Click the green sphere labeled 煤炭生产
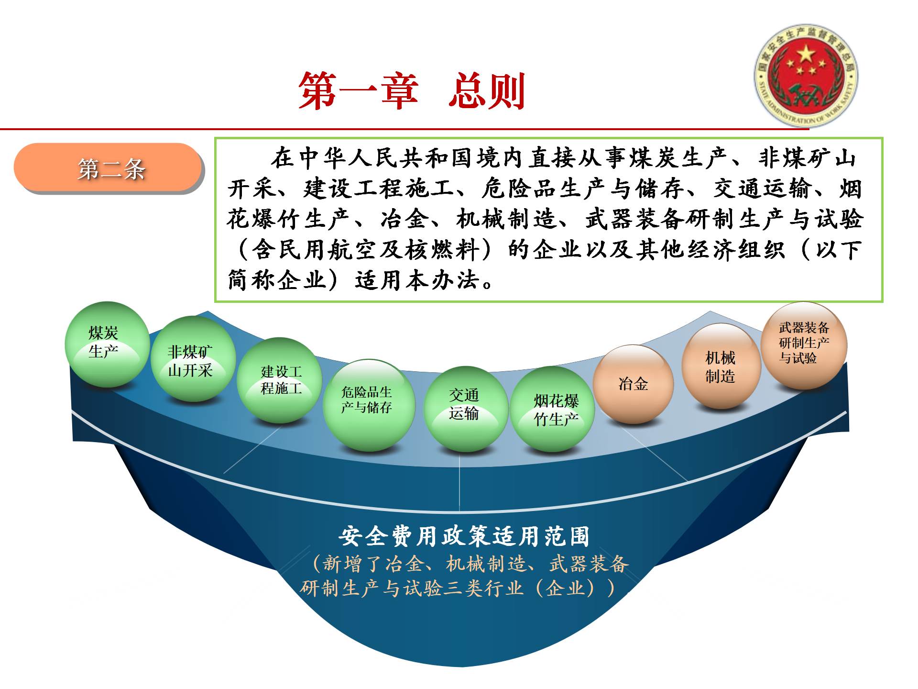pyautogui.click(x=107, y=344)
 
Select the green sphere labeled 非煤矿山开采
pyautogui.click(x=193, y=359)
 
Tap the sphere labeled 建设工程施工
pyautogui.click(x=280, y=380)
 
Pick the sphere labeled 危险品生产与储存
pyautogui.click(x=369, y=405)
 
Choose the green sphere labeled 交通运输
pyautogui.click(x=466, y=409)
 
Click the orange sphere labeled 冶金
pyautogui.click(x=633, y=384)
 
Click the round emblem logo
pyautogui.click(x=806, y=76)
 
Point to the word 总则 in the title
pyautogui.click(x=487, y=91)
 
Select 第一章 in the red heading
pyautogui.click(x=359, y=91)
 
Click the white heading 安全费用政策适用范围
pyautogui.click(x=464, y=536)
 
